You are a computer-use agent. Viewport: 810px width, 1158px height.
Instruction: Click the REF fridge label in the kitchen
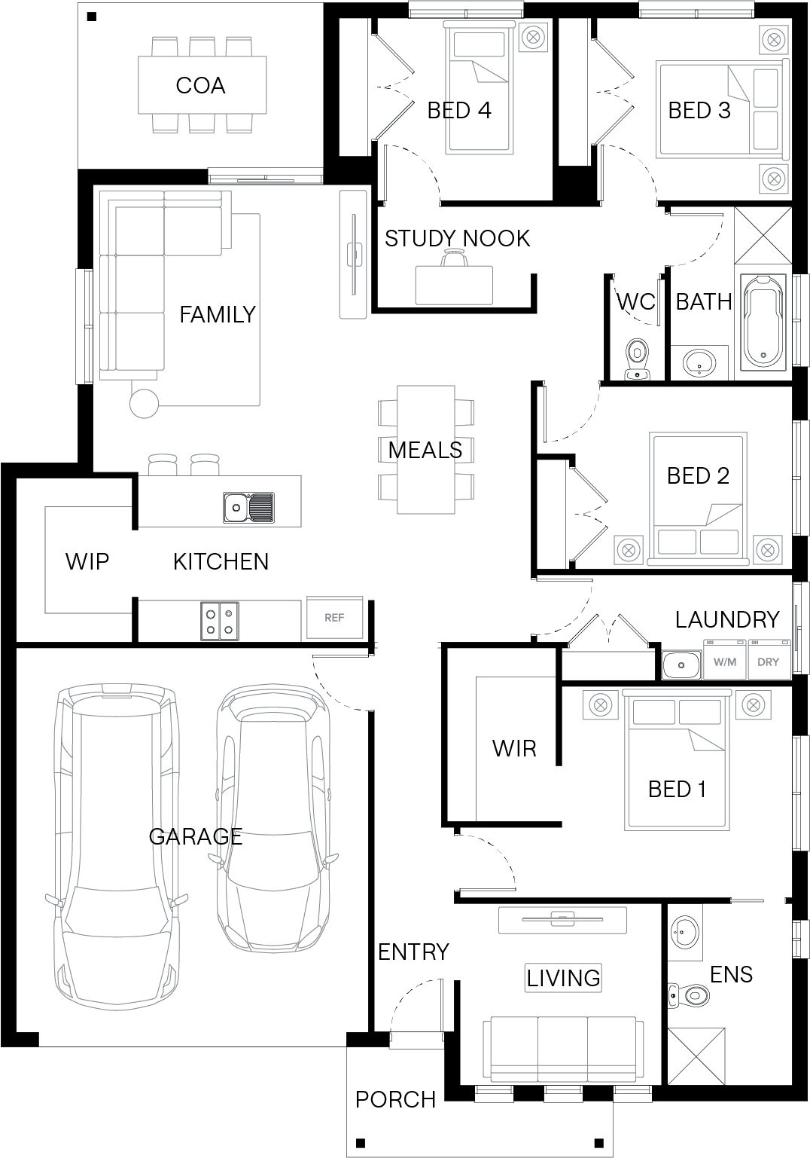click(334, 617)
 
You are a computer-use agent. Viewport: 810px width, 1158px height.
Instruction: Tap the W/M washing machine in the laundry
click(725, 659)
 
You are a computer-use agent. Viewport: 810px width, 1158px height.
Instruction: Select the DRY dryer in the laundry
click(769, 659)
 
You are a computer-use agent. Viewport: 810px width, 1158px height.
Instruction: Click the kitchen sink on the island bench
click(248, 507)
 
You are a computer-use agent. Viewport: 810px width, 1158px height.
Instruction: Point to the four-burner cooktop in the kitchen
click(220, 621)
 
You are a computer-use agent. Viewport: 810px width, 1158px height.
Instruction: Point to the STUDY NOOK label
click(457, 238)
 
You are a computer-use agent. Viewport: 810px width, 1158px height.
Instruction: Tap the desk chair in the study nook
click(454, 258)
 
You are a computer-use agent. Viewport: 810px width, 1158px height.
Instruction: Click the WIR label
click(514, 748)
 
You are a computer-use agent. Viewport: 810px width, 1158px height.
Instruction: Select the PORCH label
click(396, 1099)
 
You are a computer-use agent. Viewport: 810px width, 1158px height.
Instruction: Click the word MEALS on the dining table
click(425, 451)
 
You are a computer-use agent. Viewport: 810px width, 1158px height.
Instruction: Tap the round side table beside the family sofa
click(144, 404)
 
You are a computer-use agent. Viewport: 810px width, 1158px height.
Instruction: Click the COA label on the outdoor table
click(200, 86)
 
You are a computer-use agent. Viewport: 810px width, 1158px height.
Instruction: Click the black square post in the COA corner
click(91, 17)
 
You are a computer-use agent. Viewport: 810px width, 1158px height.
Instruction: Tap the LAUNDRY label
click(727, 619)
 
